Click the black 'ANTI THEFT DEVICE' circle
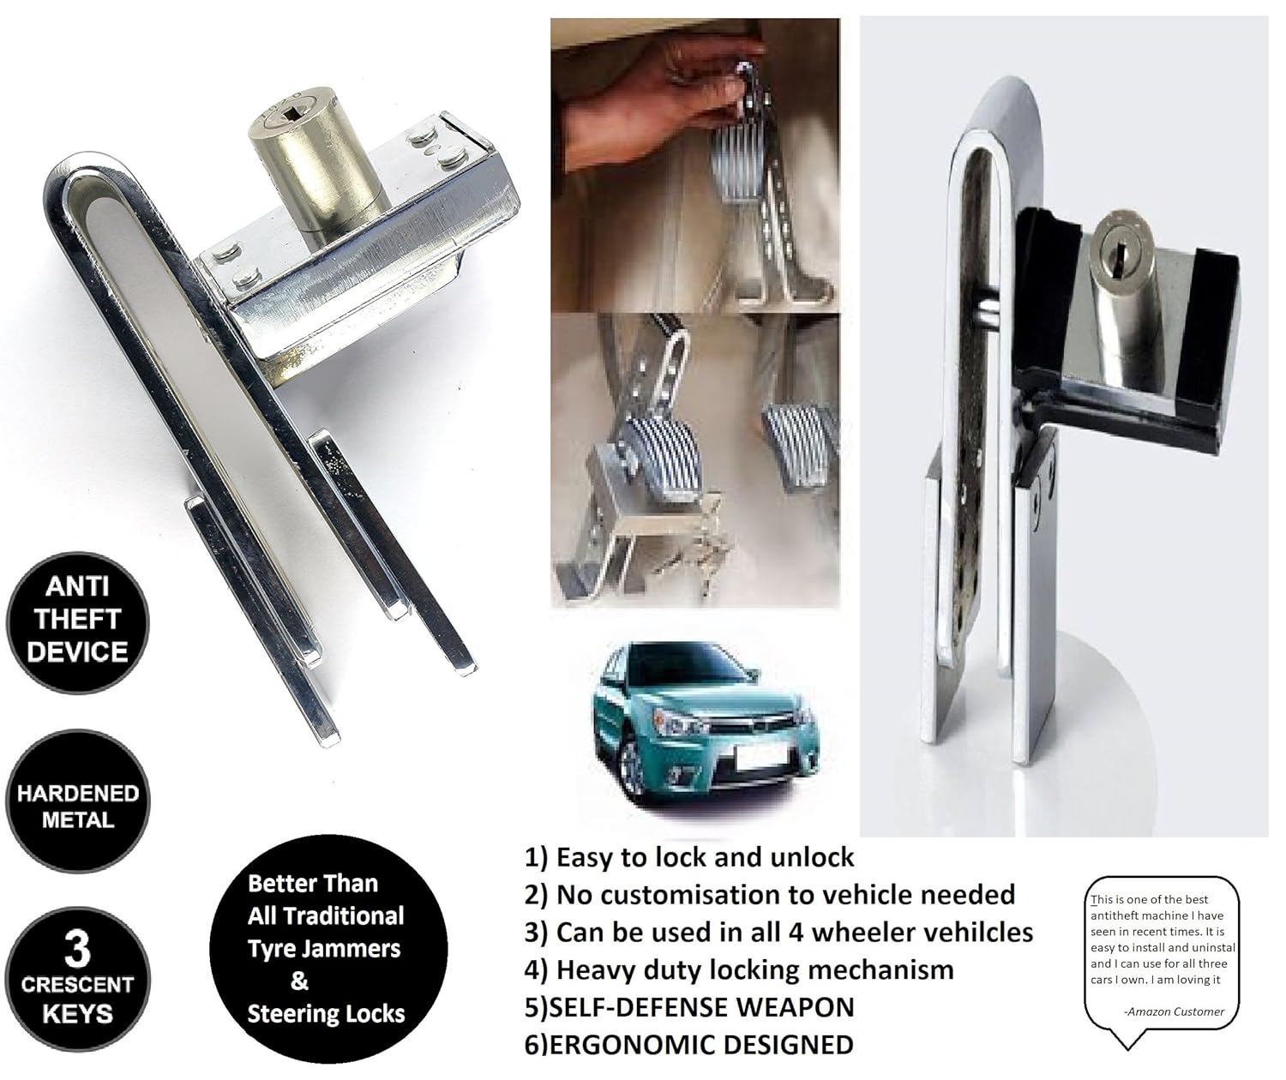pos(77,620)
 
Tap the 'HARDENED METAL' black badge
pos(77,806)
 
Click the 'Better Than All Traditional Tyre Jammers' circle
pos(327,948)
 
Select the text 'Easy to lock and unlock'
pos(705,857)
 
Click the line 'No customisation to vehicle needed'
pos(784,895)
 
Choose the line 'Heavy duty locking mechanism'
pos(754,969)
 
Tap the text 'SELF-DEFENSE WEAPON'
pos(703,1007)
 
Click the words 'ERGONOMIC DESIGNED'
pos(703,1045)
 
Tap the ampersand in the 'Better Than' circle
pos(300,981)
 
